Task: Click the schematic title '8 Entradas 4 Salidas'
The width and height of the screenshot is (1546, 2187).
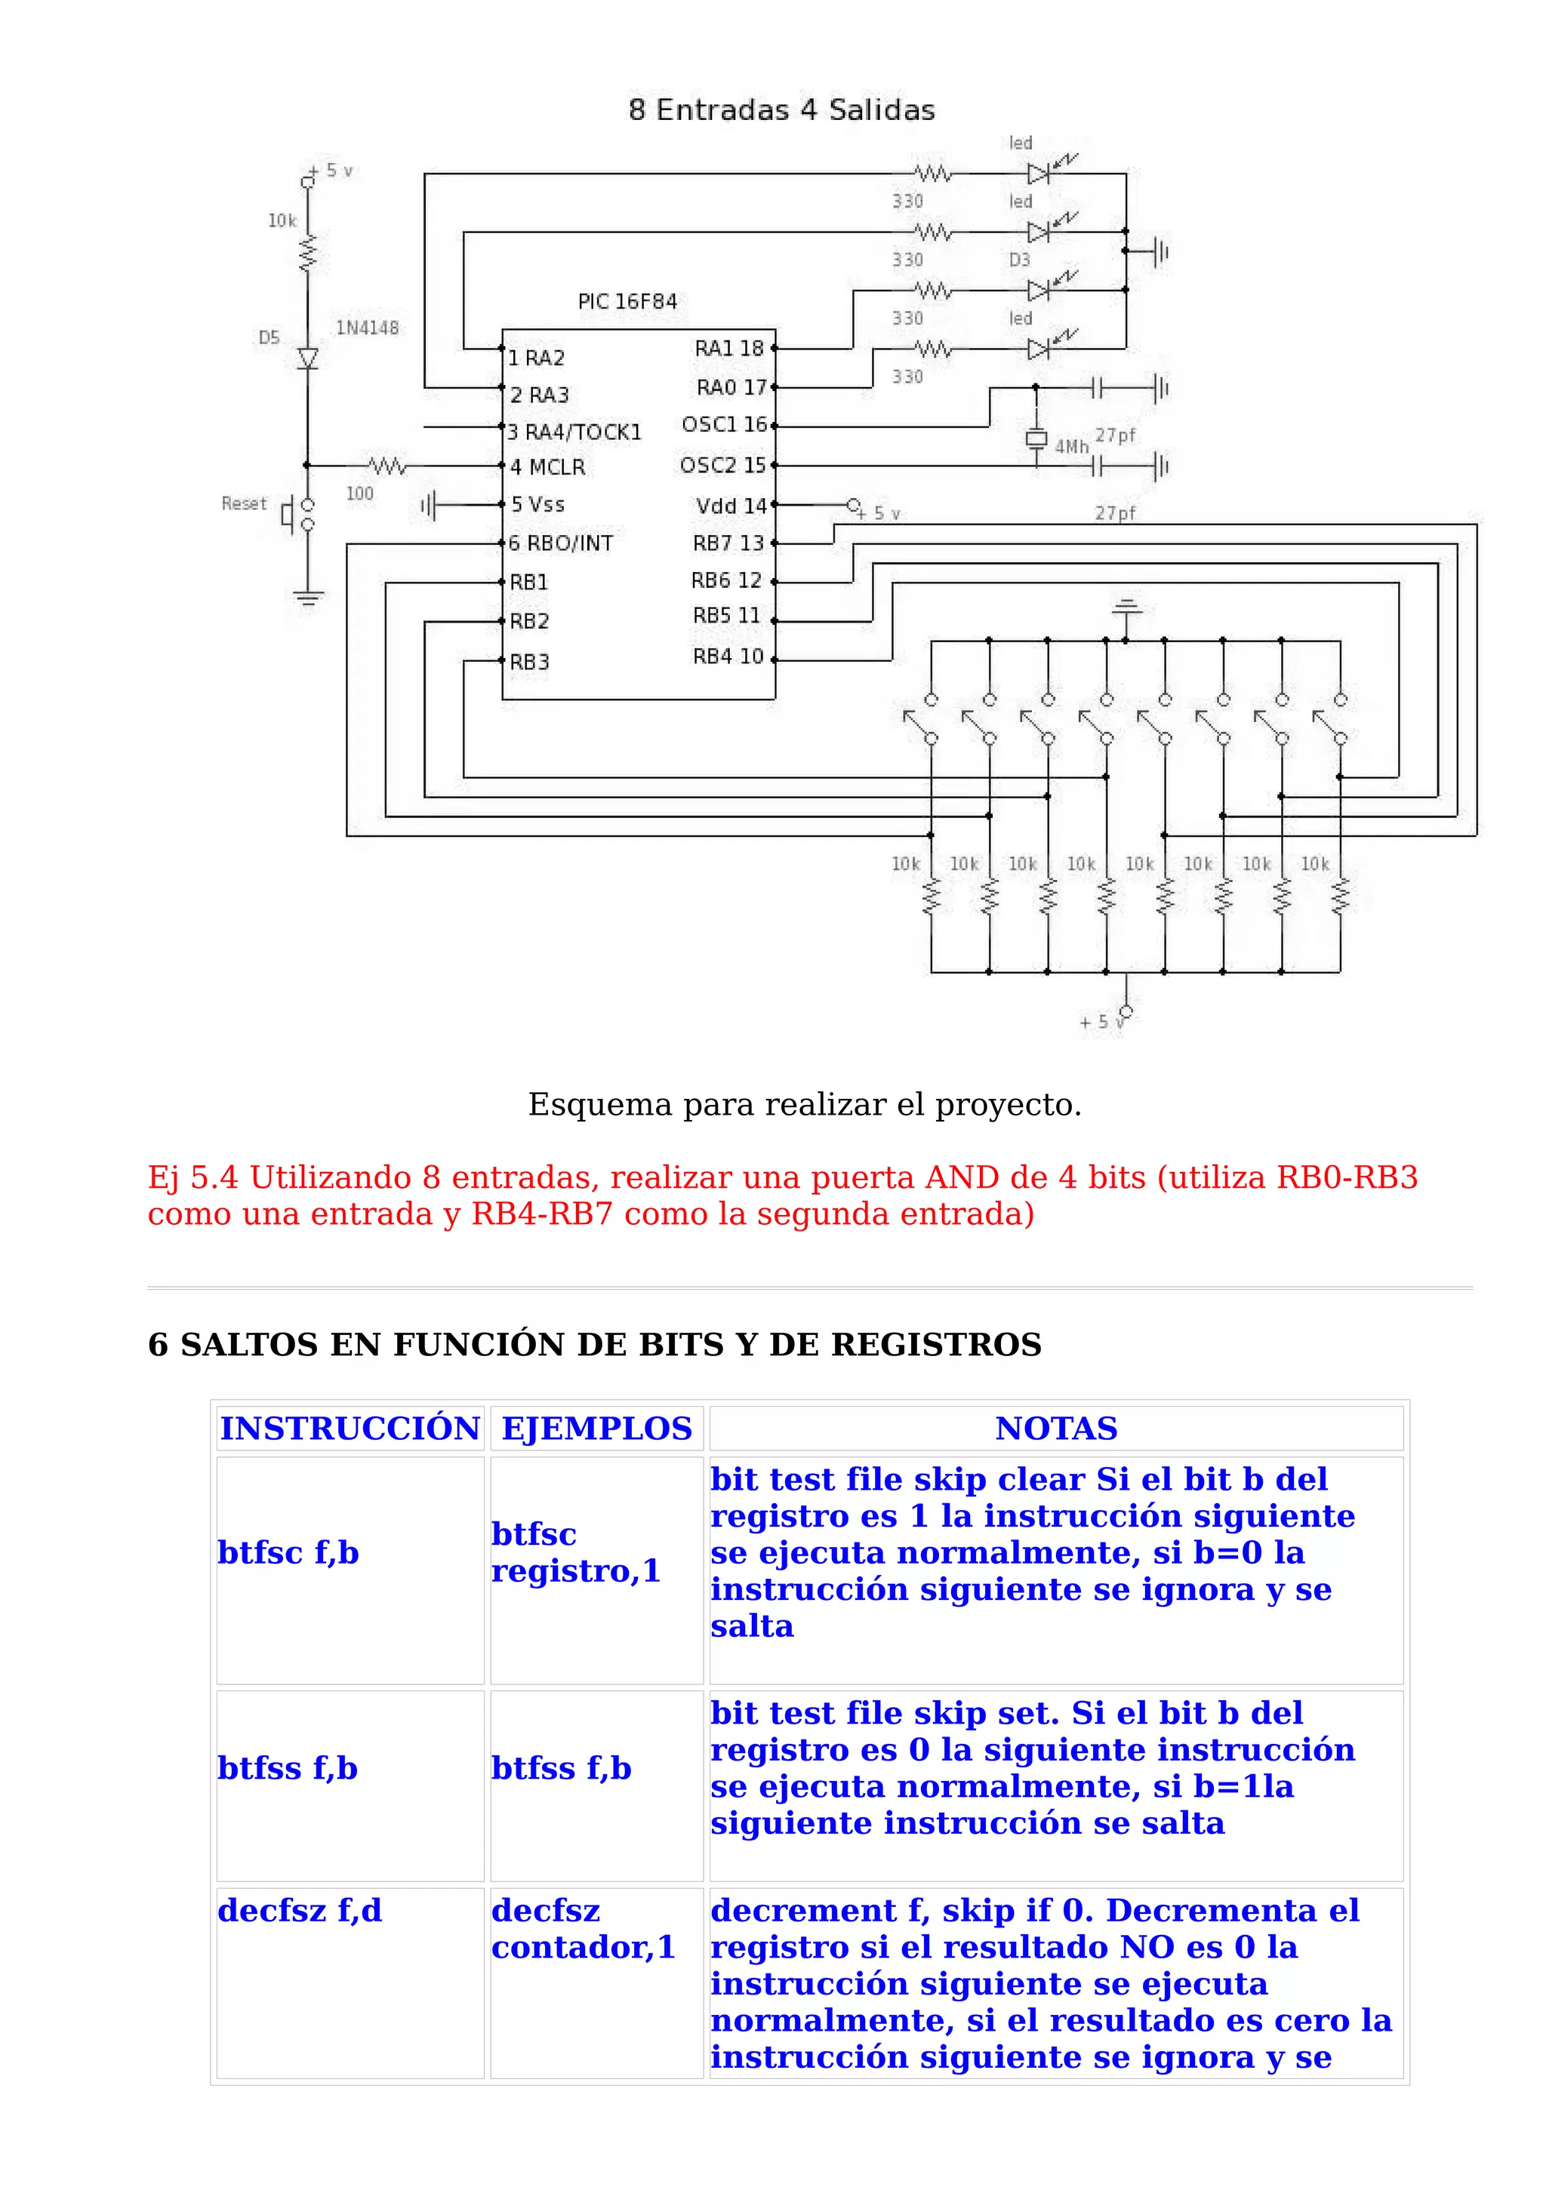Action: pos(781,110)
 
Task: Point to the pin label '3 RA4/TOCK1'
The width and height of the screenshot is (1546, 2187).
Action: pos(574,432)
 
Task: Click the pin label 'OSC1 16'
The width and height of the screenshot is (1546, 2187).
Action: pos(724,425)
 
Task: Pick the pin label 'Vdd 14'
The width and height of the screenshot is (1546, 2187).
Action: pos(731,506)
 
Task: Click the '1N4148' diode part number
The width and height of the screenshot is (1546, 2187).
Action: pos(367,328)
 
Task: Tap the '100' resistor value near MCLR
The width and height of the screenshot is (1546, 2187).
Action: pos(359,494)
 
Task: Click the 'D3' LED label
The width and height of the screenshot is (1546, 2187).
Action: pos(1019,260)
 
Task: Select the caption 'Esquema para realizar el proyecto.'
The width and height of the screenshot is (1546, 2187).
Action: pos(804,1104)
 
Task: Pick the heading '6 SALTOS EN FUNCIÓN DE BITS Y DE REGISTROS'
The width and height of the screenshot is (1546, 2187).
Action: pos(594,1344)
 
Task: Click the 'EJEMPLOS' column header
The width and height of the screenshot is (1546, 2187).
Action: pos(596,1429)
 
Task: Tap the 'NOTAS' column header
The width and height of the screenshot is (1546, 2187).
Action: pos(1055,1429)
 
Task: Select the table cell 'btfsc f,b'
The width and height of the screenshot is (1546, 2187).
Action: pos(288,1552)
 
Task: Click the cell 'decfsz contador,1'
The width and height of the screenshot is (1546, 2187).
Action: pos(583,1929)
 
